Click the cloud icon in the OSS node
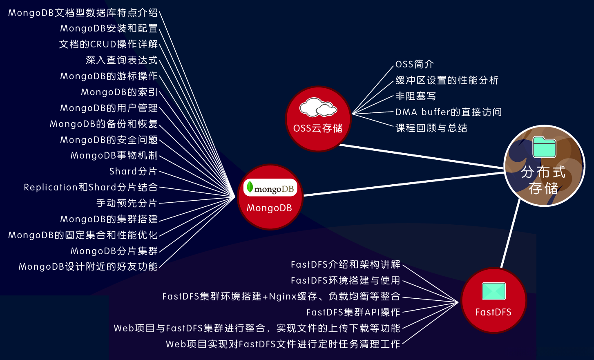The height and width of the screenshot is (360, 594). coord(318,107)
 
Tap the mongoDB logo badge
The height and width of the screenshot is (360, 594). coord(270,188)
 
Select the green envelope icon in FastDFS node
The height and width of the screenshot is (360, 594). coord(494,291)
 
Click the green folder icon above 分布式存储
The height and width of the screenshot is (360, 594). coord(544,147)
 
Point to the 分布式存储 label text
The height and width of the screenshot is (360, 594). coord(543,180)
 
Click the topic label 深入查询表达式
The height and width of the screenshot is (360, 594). coord(122,60)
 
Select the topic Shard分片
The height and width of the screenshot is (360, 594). coord(133,171)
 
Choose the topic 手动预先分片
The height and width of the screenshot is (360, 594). coord(127,203)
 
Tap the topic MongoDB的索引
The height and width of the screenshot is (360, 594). coord(119,92)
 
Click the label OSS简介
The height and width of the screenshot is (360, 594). coord(415,64)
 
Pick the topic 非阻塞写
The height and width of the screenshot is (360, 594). coord(416,96)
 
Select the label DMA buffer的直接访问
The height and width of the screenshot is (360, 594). coord(449,112)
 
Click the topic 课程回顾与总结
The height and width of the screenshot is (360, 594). coord(431,128)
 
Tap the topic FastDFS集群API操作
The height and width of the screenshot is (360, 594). coord(353,312)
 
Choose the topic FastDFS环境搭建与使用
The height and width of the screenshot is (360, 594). coord(346,280)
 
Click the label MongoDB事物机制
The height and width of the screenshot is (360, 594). coord(114,155)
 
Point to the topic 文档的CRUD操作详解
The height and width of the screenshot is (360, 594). coord(108,44)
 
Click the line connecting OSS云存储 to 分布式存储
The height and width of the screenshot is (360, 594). coord(421,156)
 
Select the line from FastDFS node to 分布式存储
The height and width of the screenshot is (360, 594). coord(510,233)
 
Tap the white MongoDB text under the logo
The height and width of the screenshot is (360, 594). coord(269,208)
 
